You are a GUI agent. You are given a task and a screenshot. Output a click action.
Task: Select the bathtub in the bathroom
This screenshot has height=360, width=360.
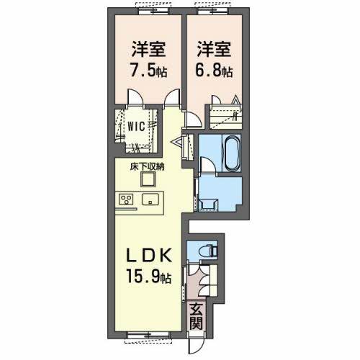point(232,152)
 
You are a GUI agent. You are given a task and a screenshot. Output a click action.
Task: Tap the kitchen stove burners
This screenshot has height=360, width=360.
point(126,199)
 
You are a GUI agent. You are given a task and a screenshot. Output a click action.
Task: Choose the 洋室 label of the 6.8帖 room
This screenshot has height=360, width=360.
point(214,51)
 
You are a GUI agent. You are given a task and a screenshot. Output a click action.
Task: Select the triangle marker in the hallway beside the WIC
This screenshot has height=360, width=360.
point(174,142)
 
